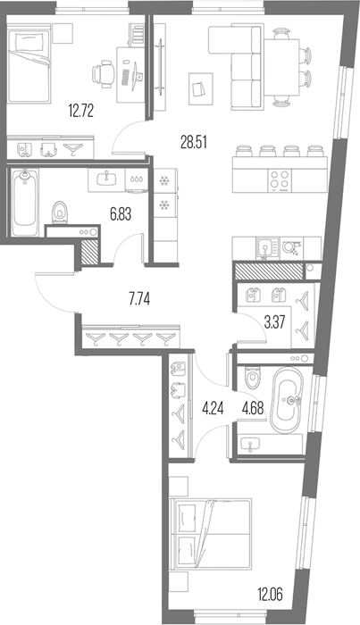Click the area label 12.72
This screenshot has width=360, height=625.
[81, 111]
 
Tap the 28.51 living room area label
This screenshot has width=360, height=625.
[194, 142]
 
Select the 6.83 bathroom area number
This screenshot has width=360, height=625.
[121, 214]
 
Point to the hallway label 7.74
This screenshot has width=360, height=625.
[139, 299]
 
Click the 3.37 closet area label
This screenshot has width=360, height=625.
[274, 321]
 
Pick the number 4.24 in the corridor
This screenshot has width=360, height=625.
[213, 409]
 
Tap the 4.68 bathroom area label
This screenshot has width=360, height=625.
[253, 409]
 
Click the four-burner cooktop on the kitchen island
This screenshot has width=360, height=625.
[280, 179]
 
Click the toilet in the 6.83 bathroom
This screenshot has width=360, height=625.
[60, 211]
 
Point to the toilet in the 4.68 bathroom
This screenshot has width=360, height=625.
[252, 377]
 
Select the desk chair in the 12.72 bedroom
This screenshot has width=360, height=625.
[104, 74]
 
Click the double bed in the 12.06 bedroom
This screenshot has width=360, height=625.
[211, 534]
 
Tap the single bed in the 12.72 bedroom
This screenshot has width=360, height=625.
[29, 63]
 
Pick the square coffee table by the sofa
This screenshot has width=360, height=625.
[201, 89]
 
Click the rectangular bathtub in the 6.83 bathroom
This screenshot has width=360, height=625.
[24, 203]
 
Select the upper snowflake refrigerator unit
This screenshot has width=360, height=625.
[165, 180]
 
